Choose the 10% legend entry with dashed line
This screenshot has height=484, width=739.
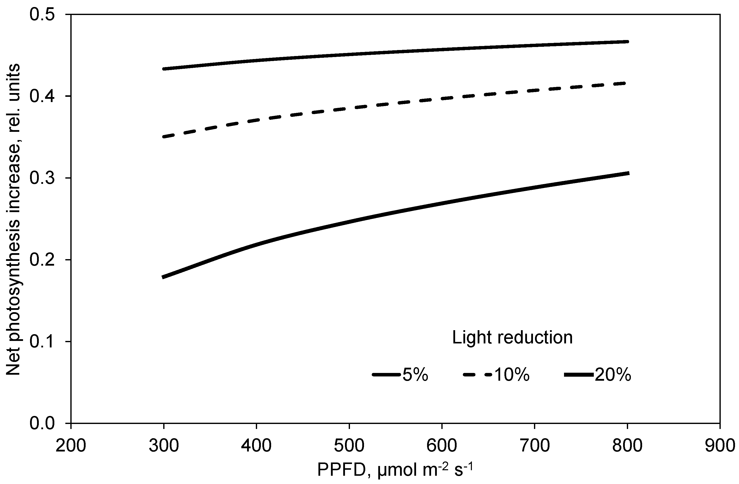pyautogui.click(x=496, y=374)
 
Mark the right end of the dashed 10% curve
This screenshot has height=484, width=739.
pyautogui.click(x=627, y=83)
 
